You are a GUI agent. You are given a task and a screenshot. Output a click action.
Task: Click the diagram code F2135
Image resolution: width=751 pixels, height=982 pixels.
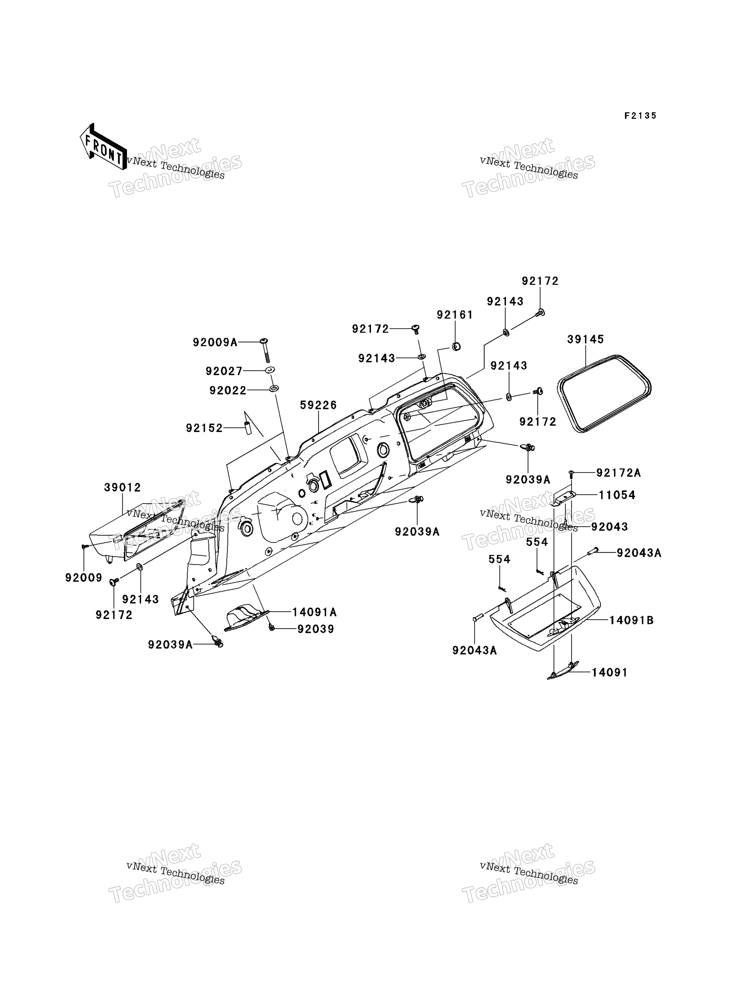tap(641, 116)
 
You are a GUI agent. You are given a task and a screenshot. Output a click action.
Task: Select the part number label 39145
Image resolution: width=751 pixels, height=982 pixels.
tap(586, 339)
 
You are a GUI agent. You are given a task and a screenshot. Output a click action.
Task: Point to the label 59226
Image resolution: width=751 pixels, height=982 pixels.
tap(318, 405)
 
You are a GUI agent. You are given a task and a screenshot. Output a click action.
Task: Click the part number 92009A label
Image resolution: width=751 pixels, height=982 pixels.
tap(215, 343)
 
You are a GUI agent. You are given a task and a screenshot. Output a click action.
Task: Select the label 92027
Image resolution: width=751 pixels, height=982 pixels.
tap(224, 371)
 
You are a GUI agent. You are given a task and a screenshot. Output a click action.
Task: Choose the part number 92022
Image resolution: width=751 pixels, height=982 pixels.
tap(228, 391)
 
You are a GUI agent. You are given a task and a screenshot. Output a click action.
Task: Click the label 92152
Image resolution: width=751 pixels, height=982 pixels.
tap(204, 428)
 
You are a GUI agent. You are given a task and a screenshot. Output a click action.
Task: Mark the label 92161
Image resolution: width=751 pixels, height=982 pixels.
tap(455, 315)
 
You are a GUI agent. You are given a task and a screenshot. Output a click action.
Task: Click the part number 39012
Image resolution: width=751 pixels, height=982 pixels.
tap(123, 488)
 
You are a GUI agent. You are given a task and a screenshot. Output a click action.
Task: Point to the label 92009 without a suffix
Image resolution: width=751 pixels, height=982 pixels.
tap(84, 578)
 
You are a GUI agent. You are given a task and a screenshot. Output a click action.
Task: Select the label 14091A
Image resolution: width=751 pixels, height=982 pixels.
tap(315, 612)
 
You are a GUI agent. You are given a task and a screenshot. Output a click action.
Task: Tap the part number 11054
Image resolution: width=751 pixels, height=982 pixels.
tap(617, 495)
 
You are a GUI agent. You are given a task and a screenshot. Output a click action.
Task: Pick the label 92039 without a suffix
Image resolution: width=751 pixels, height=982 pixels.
tap(316, 629)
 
